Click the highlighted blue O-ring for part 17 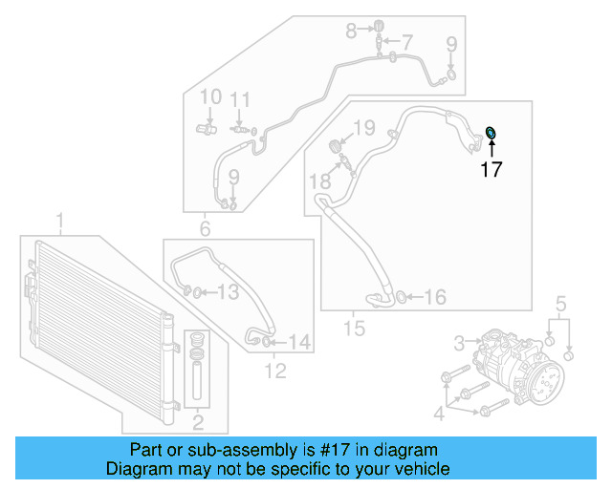pos(492,134)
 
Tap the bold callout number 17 pos(492,171)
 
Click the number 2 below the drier pos(199,422)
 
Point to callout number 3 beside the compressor pos(459,342)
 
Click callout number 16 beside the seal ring pos(435,298)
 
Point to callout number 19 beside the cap pos(364,128)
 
